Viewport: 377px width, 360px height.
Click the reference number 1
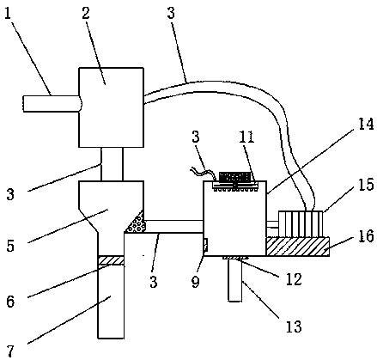pos(8,14)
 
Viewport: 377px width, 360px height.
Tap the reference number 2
pos(86,13)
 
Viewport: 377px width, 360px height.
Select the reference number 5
pos(10,246)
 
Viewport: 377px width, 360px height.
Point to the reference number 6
pos(10,302)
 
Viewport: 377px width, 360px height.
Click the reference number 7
pos(10,351)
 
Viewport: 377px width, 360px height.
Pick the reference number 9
pos(196,282)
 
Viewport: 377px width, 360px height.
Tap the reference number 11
pos(247,137)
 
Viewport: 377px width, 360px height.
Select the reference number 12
pos(293,278)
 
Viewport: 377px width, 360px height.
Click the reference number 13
pos(294,326)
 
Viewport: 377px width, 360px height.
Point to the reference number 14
pos(365,124)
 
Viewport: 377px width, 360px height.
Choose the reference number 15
pos(366,185)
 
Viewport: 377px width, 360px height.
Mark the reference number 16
pos(366,236)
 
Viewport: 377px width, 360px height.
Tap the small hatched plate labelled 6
pos(111,260)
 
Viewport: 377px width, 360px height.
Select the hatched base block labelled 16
pos(297,247)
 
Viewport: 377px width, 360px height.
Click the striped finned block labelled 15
pos(301,224)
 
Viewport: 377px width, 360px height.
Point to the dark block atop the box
pos(234,176)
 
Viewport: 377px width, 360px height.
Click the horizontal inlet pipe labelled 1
pos(52,103)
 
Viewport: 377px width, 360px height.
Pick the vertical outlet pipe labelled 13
pos(235,279)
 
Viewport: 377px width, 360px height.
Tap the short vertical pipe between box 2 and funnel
pos(112,164)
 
